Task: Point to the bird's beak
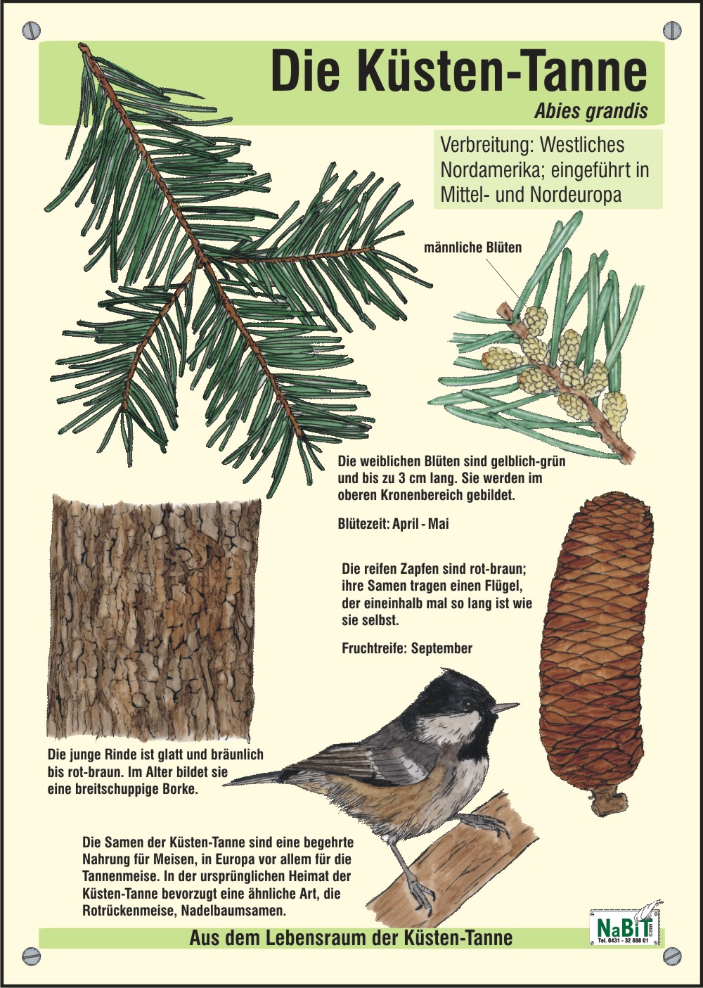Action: (505, 707)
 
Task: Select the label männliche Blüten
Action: (473, 248)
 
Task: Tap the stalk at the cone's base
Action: (609, 803)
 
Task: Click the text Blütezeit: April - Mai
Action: (394, 524)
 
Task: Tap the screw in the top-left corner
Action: (32, 30)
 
